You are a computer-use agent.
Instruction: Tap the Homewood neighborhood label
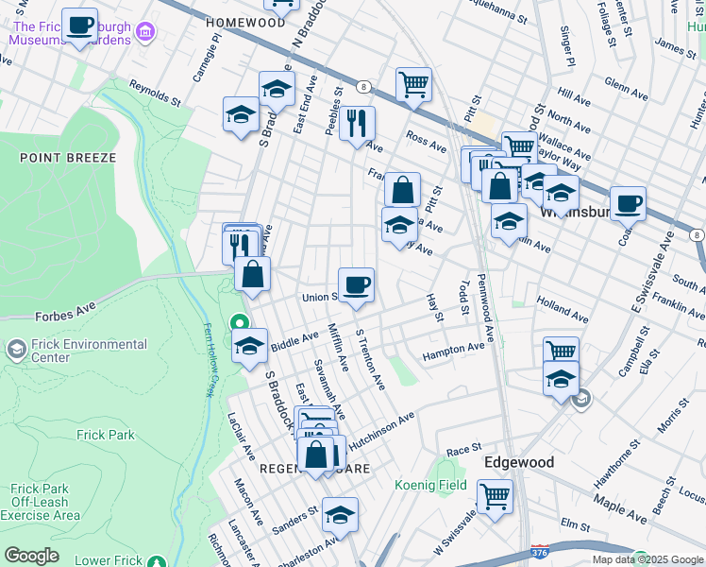pyautogui.click(x=244, y=22)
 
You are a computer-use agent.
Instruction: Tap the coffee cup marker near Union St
pyautogui.click(x=356, y=284)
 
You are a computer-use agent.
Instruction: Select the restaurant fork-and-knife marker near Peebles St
pyautogui.click(x=357, y=123)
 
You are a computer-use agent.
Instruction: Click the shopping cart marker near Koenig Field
pyautogui.click(x=495, y=495)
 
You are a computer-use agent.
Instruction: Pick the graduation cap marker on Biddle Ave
pyautogui.click(x=250, y=346)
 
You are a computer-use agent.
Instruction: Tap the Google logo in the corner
pyautogui.click(x=30, y=556)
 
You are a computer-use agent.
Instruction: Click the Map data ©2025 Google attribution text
pyautogui.click(x=647, y=559)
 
